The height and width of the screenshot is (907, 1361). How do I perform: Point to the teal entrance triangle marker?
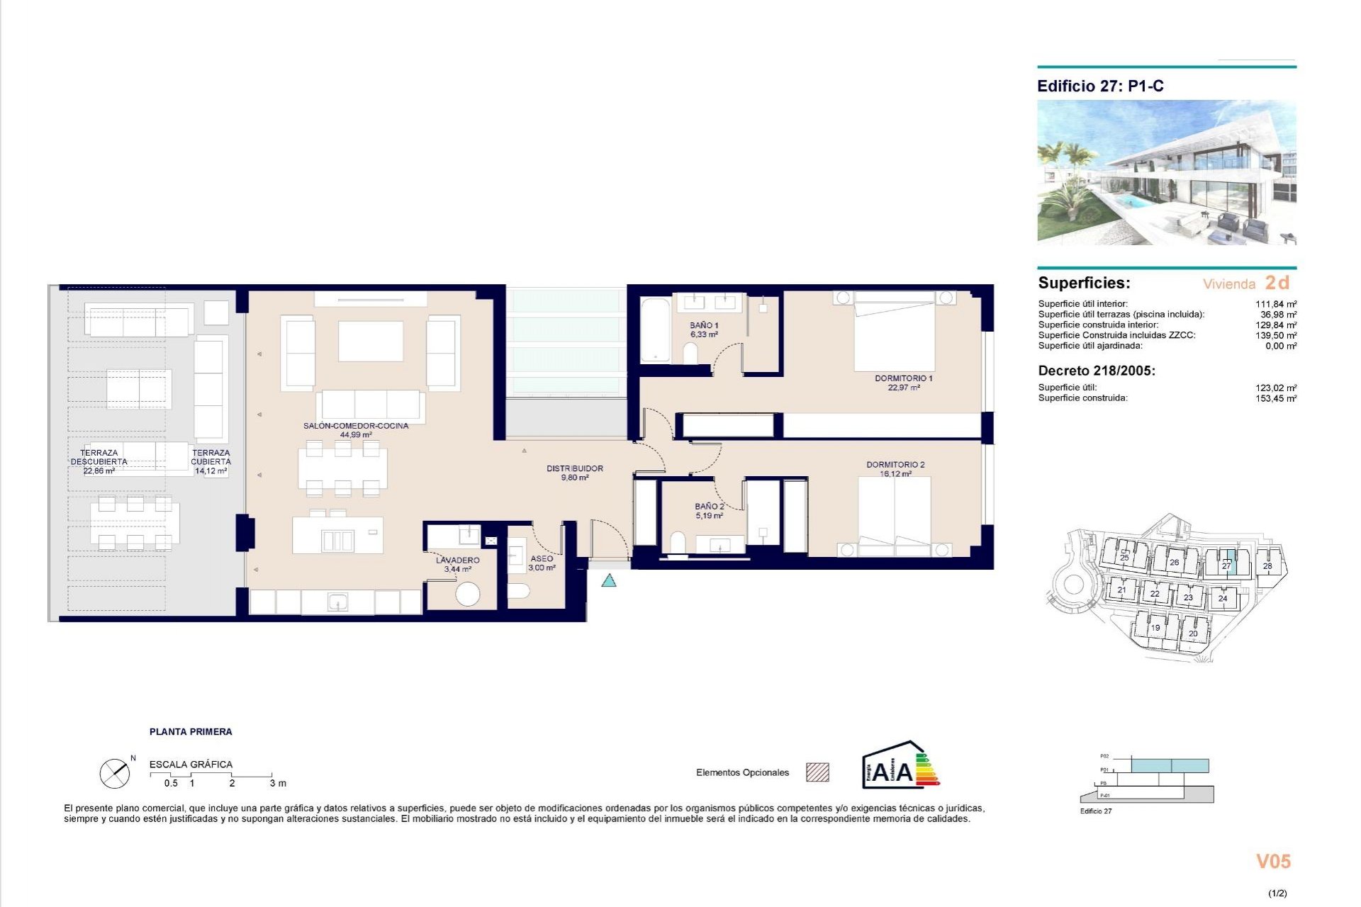coord(608,581)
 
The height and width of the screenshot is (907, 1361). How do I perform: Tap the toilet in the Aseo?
coord(520,590)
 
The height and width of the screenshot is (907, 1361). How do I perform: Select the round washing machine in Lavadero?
coord(467,593)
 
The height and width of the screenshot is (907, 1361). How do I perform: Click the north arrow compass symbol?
coord(115,773)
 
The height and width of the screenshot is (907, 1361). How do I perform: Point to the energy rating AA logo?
coord(900,766)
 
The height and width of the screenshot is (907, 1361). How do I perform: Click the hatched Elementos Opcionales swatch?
coord(817,772)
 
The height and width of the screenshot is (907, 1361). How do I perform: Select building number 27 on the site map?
coord(1226,565)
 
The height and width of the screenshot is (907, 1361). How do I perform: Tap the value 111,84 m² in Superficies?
coord(1275,304)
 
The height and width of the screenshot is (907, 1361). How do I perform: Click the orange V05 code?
coord(1273,862)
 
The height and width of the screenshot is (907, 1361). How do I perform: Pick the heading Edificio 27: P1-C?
coord(1099,86)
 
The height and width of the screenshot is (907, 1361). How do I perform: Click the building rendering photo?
coord(1166,172)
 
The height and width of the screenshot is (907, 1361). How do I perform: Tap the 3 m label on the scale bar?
coord(278,783)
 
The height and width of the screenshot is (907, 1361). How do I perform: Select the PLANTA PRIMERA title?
coord(191,732)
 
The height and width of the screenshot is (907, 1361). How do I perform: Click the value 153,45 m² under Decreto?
coord(1275,398)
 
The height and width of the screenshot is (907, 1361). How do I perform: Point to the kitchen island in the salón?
coord(337,536)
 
